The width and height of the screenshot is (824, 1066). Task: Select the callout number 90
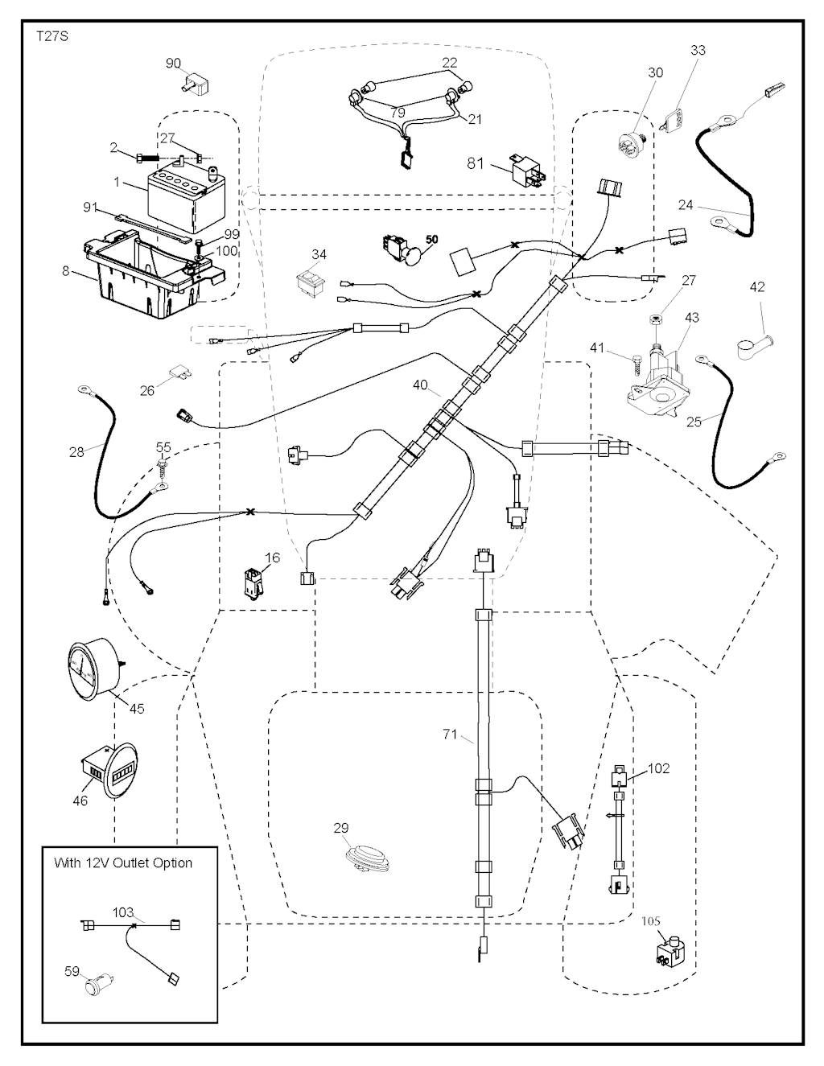(174, 64)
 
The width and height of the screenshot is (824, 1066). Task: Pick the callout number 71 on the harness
(450, 734)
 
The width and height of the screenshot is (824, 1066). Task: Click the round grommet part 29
(365, 857)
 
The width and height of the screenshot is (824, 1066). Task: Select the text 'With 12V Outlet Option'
(123, 862)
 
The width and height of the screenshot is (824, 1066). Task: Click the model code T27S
(52, 37)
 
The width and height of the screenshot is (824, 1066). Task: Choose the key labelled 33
(674, 118)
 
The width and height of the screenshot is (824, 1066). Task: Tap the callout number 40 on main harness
(420, 385)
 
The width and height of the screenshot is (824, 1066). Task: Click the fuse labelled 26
(181, 374)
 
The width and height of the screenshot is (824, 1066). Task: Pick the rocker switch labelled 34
(310, 281)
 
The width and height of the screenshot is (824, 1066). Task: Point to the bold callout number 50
(432, 240)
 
